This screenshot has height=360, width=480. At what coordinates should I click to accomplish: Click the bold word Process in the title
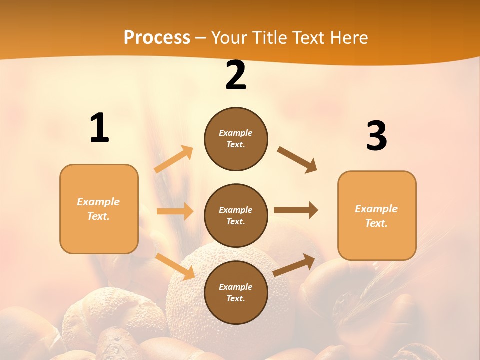157,38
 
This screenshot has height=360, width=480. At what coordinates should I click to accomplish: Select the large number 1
99,128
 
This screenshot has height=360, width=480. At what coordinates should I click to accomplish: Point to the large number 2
236,76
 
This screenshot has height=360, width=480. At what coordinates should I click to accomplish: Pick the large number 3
376,136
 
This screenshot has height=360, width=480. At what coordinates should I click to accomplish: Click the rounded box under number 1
99,209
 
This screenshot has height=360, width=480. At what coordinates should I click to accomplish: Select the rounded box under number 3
377,215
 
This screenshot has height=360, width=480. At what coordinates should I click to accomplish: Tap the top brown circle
236,139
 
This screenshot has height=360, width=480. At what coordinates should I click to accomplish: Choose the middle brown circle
236,215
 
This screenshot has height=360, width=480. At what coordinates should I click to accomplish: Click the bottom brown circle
236,292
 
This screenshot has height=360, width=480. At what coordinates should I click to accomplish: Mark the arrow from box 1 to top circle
174,159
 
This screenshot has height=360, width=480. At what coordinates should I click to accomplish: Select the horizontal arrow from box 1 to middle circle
175,211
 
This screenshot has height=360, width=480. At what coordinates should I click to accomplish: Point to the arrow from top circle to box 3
297,159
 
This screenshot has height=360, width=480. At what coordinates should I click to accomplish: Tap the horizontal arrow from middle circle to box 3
296,210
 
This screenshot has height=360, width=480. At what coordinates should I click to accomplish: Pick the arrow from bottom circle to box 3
294,265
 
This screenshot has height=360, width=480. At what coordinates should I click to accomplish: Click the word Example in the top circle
235,133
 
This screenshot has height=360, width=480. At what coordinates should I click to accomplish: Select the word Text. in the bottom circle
235,298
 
